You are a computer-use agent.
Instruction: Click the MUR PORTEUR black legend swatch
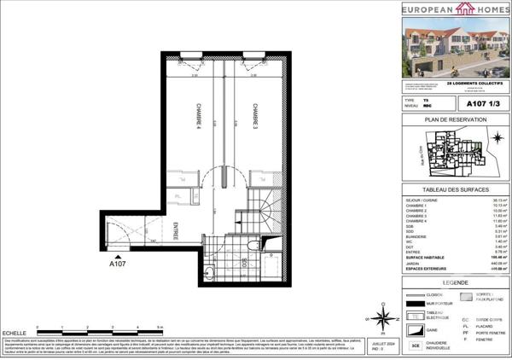pos(418,303)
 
